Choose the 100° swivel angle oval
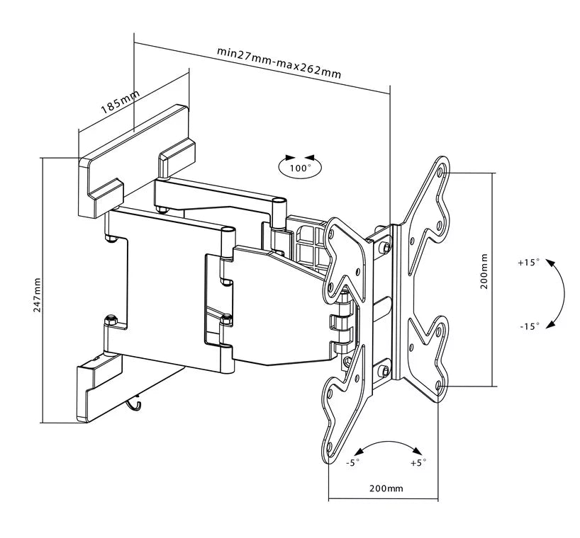click(299, 167)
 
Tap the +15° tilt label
click(528, 262)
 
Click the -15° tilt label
click(528, 326)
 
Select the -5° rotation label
click(352, 463)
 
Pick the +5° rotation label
click(418, 463)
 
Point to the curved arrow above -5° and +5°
click(387, 445)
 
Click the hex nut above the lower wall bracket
click(111, 323)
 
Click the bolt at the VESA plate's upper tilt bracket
click(384, 246)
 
